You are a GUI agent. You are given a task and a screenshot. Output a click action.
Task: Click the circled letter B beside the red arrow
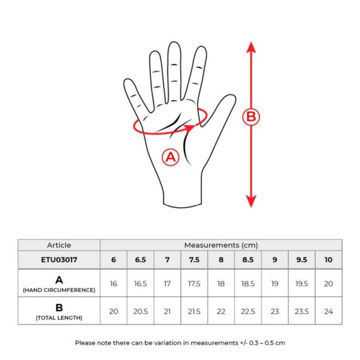(251, 117)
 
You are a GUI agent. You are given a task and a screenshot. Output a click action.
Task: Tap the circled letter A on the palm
(171, 157)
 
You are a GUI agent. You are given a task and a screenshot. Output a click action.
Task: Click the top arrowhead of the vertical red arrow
(251, 47)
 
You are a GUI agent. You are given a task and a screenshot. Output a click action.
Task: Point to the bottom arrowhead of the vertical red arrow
(251, 201)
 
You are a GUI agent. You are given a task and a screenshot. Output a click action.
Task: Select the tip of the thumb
(231, 96)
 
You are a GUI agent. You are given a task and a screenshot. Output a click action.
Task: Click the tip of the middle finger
(174, 43)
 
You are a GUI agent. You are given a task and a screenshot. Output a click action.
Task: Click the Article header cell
(59, 245)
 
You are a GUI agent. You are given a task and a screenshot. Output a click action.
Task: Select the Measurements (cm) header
(221, 245)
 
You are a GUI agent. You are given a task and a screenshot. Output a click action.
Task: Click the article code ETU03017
(59, 260)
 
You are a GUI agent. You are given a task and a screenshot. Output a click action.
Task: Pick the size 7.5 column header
(195, 260)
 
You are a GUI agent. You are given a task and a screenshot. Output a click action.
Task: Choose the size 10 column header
(328, 260)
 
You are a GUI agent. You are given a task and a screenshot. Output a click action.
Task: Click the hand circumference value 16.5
(140, 284)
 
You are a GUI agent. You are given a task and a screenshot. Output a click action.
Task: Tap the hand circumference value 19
(275, 284)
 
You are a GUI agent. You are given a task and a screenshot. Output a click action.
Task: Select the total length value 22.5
(248, 311)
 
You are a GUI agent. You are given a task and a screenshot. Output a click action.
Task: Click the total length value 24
(328, 311)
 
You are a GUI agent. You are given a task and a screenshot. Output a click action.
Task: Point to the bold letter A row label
(59, 280)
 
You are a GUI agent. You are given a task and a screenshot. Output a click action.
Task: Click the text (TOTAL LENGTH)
(59, 318)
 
